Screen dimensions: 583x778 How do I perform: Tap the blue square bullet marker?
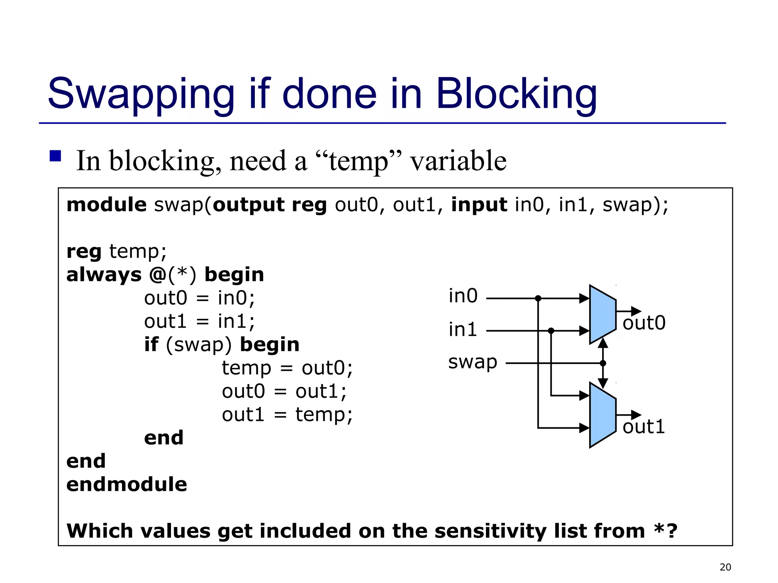55,156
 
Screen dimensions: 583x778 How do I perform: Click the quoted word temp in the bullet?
359,162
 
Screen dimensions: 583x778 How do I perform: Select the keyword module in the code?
106,205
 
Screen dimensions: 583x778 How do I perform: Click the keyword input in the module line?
479,205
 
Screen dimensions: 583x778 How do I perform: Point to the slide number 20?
725,567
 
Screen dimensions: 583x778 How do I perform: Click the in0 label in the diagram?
463,296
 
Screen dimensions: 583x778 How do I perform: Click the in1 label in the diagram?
462,329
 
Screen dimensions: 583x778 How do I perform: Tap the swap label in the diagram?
472,362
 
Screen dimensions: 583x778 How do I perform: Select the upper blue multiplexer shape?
602,314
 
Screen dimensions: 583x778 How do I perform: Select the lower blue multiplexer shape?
602,415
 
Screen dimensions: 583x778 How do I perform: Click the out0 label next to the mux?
644,323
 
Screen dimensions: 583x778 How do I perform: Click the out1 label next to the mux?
644,427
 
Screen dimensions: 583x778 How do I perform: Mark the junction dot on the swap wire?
603,363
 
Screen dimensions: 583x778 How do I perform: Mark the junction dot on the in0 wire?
538,298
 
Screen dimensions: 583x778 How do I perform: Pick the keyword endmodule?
127,485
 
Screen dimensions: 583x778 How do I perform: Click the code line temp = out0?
287,368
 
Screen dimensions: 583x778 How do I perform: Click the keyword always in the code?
104,275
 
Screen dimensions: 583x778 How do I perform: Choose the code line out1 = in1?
199,321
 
